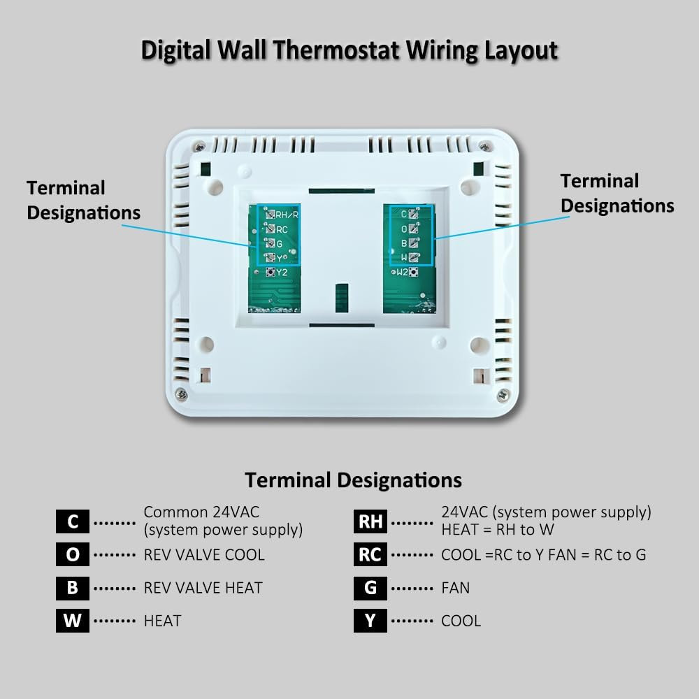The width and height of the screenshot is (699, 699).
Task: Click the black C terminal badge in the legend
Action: coord(73,522)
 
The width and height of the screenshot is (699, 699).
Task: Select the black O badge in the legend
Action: coord(73,555)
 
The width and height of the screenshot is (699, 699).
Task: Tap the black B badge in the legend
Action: coord(73,588)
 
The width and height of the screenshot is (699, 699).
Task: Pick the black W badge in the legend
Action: coord(73,621)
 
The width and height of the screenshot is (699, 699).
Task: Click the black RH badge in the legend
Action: coord(370,522)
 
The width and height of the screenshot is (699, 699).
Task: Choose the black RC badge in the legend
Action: coord(370,555)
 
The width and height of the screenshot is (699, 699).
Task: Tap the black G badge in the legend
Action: coord(370,588)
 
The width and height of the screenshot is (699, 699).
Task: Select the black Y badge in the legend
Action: coord(370,621)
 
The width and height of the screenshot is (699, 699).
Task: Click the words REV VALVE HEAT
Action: coord(203,588)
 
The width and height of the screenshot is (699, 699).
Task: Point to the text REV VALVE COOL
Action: coord(204,555)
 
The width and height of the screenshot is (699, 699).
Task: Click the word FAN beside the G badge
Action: coord(456,588)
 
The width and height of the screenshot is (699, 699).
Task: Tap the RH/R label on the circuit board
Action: coord(287,215)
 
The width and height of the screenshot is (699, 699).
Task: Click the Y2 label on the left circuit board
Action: coord(282,272)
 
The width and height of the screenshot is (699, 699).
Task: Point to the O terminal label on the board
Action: coord(403,229)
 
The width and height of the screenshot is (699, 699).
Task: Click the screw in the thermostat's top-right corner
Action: coord(484,146)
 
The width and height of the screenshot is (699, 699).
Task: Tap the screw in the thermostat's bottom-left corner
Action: coord(181,394)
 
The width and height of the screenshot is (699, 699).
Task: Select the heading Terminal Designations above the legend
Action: coord(353,480)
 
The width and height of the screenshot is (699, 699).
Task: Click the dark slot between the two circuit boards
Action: coord(341,297)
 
